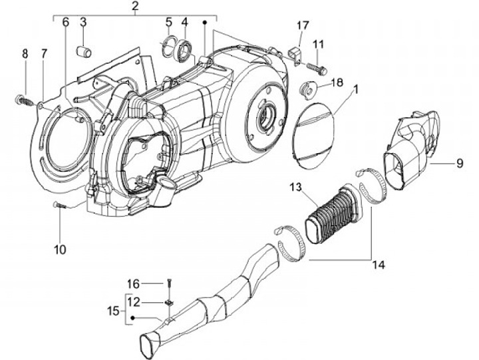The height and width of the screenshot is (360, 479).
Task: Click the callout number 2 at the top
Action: coord(135,6)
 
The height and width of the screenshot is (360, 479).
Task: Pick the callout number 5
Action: coord(169,22)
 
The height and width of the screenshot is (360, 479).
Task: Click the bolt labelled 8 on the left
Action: coord(23,100)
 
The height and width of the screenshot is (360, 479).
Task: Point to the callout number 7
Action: coord(45,53)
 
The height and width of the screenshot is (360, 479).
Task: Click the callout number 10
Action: coord(60,250)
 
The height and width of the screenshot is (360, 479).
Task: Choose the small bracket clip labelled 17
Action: coord(295,55)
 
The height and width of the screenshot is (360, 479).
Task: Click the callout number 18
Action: coord(337,83)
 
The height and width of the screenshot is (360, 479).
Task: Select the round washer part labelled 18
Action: coord(307,90)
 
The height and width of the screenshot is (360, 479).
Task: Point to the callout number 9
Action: coord(460,163)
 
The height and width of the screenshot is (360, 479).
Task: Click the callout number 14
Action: coord(379,265)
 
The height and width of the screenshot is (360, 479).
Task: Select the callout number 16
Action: coord(134,284)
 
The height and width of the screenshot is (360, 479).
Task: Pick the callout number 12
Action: coord(134,302)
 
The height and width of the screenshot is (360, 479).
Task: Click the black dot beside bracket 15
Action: coord(132,318)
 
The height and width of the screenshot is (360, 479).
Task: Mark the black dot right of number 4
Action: coord(205,23)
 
